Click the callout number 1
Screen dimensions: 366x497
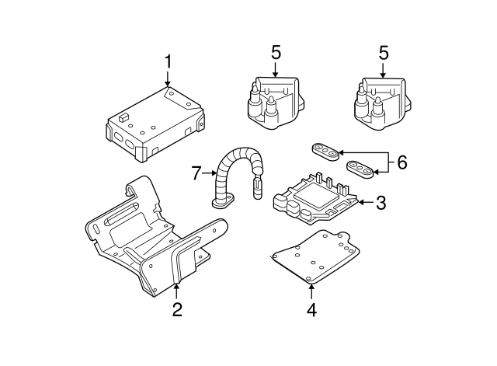[167, 61]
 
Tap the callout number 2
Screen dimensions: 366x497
[177, 310]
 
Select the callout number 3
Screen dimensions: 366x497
[381, 204]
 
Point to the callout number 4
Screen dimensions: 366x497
[311, 309]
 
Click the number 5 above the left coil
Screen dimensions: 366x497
[276, 53]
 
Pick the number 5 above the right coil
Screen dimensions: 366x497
[383, 53]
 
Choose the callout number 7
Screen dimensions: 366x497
[197, 173]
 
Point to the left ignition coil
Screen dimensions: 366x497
[274, 101]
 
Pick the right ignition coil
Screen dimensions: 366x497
[381, 101]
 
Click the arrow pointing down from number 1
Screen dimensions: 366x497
[167, 78]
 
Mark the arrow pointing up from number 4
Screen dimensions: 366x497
[311, 291]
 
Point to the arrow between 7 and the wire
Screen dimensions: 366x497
[210, 173]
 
